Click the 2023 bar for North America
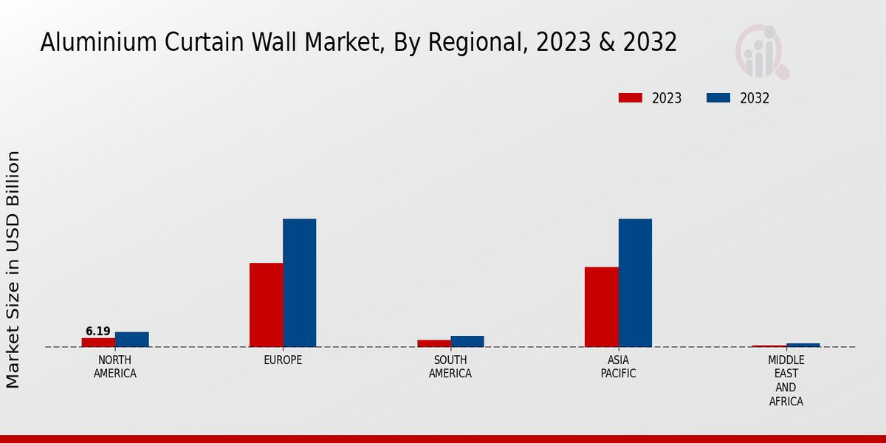click(98, 342)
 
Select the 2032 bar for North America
click(131, 339)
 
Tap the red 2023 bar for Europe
click(266, 305)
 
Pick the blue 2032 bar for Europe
click(299, 283)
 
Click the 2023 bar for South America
click(433, 343)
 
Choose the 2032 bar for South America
click(467, 341)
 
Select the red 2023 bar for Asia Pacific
click(601, 306)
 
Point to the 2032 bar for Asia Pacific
click(635, 283)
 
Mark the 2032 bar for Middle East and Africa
click(803, 345)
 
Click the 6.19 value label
click(97, 332)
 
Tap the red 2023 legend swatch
click(631, 98)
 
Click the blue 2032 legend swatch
click(718, 98)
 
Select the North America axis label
click(115, 367)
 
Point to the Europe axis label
click(283, 360)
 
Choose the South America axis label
click(450, 367)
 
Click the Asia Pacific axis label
click(618, 367)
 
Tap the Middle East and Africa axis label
click(786, 381)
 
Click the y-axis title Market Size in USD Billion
click(13, 269)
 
